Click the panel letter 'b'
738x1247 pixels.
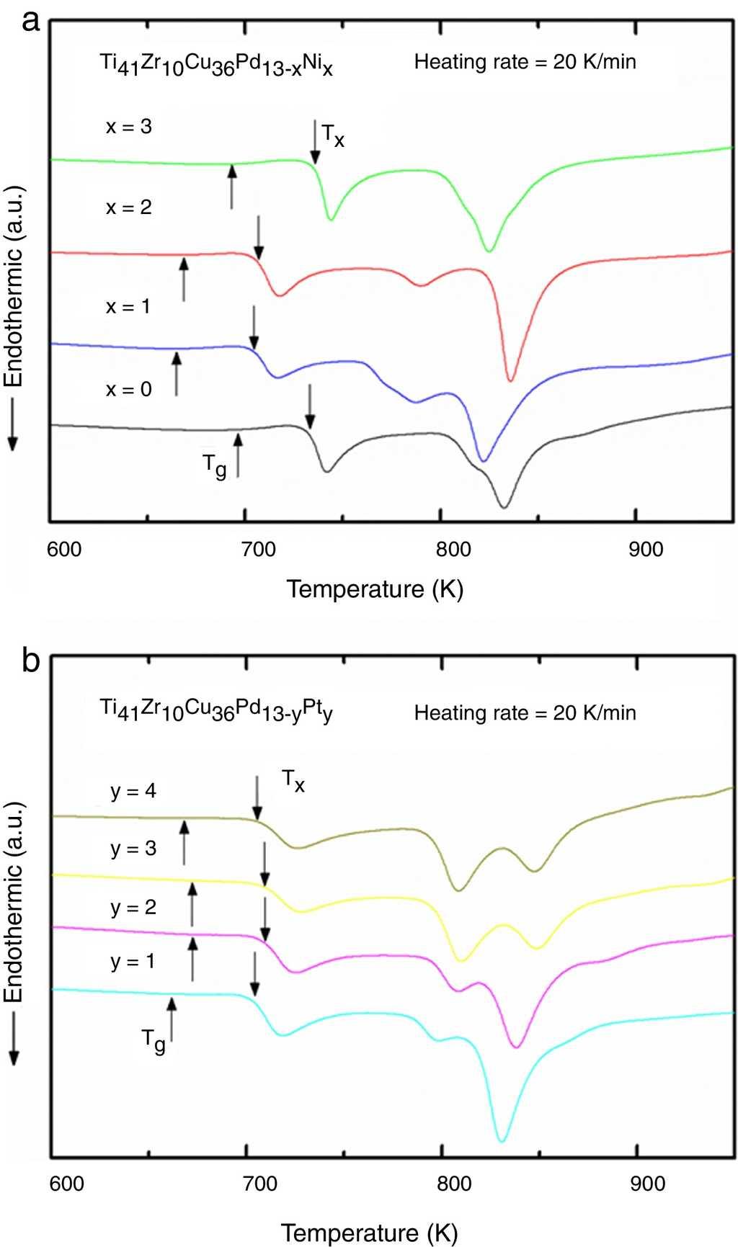30,659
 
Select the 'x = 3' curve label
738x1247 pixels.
129,127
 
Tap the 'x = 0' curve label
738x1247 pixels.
129,390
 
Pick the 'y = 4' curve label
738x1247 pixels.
133,791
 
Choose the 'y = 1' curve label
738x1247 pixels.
133,961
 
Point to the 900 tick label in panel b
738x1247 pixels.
646,1184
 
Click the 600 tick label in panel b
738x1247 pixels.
66,1184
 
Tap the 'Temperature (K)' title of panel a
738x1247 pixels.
375,589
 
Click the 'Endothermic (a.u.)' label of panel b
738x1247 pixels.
14,900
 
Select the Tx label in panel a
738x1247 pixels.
332,135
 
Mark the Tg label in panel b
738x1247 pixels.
153,1041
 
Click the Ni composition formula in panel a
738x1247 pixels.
216,65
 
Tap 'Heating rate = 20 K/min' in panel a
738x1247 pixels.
525,62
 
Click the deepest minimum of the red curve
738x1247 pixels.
510,380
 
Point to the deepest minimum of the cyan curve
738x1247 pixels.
502,1140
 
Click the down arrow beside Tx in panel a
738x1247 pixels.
314,142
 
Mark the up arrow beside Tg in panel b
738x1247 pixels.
172,1019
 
